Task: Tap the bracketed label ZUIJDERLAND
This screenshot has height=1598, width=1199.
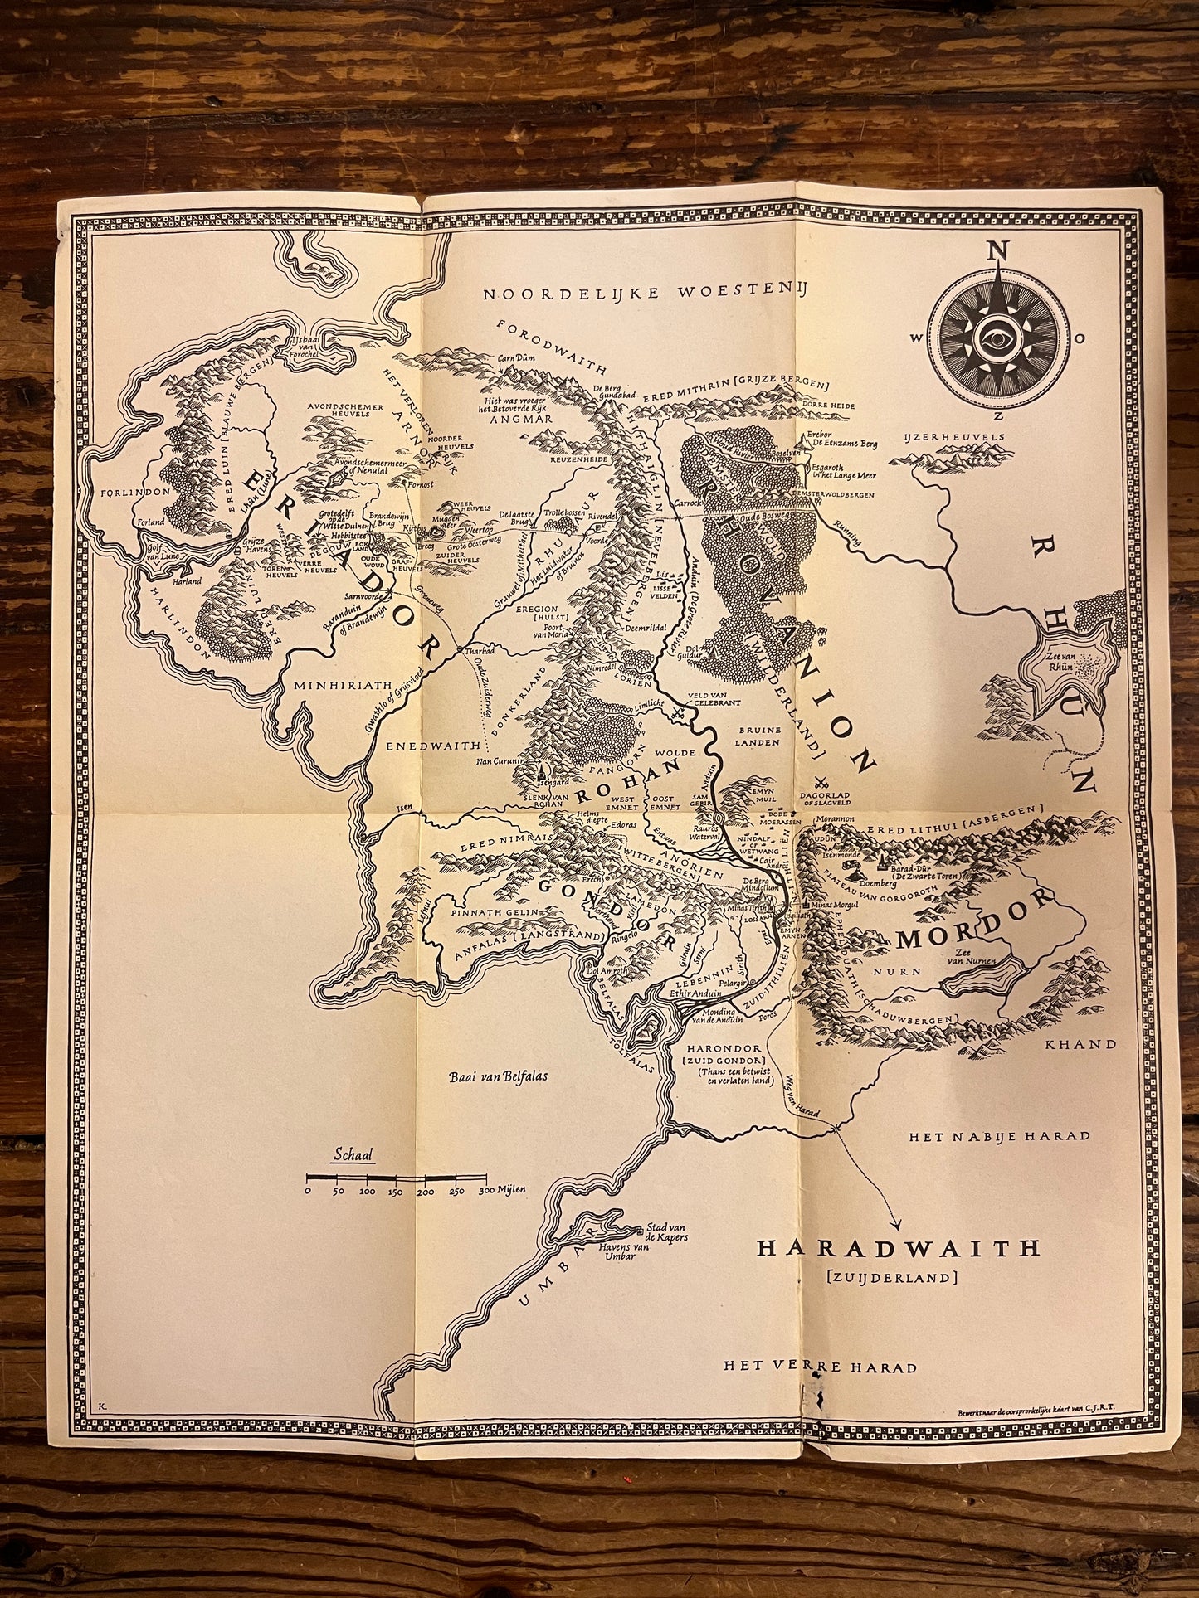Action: tap(893, 1278)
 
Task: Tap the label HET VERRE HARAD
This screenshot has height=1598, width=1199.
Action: tap(820, 1367)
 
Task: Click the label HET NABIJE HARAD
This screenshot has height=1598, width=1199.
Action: tap(998, 1135)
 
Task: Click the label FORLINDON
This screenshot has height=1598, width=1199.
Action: tap(134, 491)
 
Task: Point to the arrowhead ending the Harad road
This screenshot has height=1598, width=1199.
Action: tap(897, 1224)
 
